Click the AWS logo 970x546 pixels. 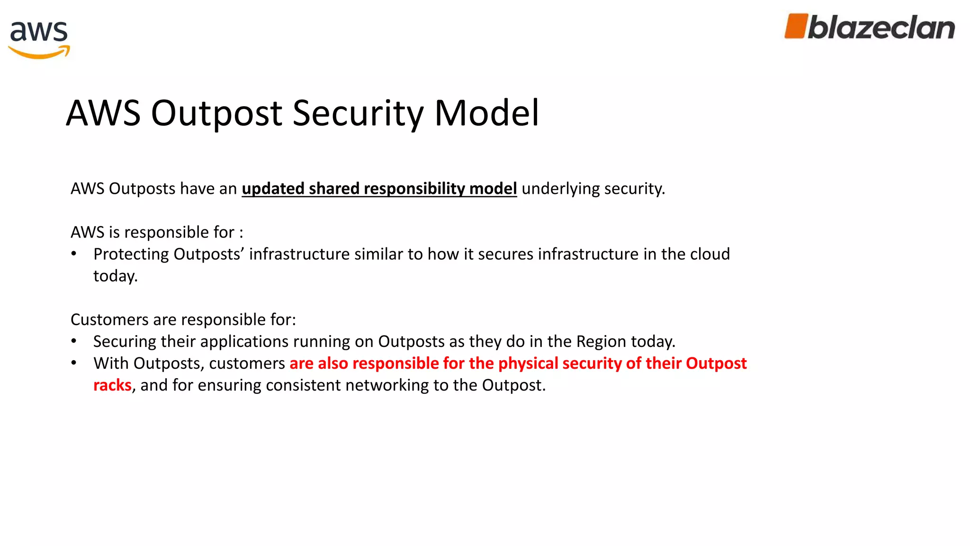(x=39, y=39)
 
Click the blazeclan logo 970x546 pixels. (x=870, y=27)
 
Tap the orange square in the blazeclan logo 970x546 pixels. (x=796, y=26)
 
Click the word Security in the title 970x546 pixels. (x=358, y=113)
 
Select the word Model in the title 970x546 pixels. (x=486, y=113)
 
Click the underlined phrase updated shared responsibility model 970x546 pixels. (x=379, y=189)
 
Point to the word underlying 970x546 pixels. (x=560, y=189)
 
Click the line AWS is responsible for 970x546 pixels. (x=157, y=232)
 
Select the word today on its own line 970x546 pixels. (x=115, y=276)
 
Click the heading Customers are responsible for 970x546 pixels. (x=183, y=319)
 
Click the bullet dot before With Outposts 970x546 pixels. (x=74, y=363)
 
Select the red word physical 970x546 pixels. (x=528, y=363)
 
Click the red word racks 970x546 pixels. (x=112, y=385)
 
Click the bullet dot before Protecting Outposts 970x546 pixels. (x=74, y=254)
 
